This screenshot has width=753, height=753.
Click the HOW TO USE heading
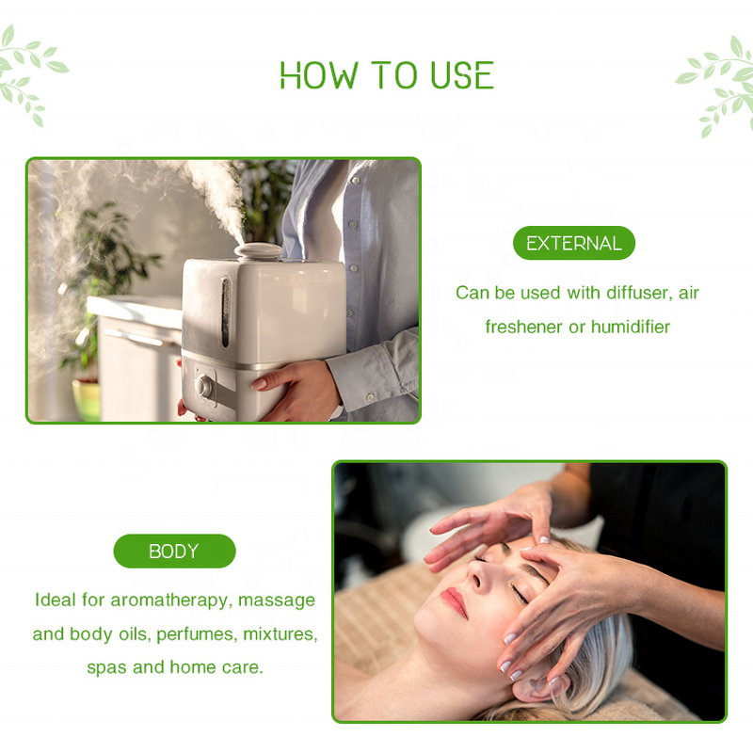[x=386, y=75]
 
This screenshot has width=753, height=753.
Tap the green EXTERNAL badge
[x=573, y=243]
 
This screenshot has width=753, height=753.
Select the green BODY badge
[x=174, y=551]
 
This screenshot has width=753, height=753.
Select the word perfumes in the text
[x=194, y=633]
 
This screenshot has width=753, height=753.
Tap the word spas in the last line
[x=105, y=667]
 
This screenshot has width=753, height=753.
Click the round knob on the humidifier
[x=203, y=386]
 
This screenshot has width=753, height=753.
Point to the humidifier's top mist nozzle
[x=259, y=251]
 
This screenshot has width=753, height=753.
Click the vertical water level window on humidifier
[x=225, y=310]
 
